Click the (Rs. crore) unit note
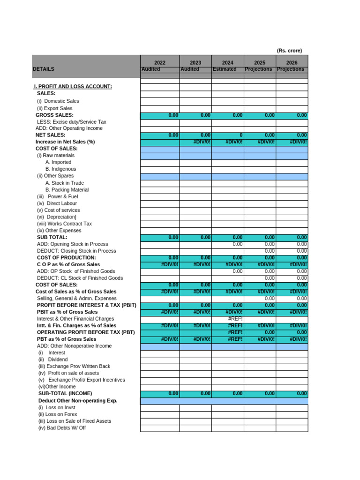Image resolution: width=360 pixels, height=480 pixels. click(x=289, y=51)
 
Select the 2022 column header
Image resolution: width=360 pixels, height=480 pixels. click(x=160, y=63)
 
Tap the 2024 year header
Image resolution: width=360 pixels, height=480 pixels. click(x=228, y=63)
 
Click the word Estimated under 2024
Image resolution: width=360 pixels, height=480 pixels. click(x=225, y=69)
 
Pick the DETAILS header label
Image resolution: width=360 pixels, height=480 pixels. click(x=44, y=69)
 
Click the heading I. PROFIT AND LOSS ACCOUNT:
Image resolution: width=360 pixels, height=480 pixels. click(x=73, y=87)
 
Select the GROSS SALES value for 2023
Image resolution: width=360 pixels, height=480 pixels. click(x=195, y=115)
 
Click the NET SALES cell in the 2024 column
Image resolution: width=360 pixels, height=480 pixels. click(x=228, y=135)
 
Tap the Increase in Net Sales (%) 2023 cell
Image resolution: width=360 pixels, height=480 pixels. click(x=195, y=142)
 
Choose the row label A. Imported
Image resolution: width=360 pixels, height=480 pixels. click(x=58, y=162)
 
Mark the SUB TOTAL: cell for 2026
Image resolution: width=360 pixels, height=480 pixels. click(x=292, y=238)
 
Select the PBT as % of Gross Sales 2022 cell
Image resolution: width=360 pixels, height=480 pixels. click(x=160, y=339)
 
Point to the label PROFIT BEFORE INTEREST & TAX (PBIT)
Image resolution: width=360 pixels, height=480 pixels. click(x=87, y=305)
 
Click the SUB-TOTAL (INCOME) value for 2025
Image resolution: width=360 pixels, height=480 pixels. click(x=260, y=394)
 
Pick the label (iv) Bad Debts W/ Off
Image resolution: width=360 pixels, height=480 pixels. click(x=62, y=428)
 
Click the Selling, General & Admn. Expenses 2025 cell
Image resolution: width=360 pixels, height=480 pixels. click(x=260, y=299)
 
